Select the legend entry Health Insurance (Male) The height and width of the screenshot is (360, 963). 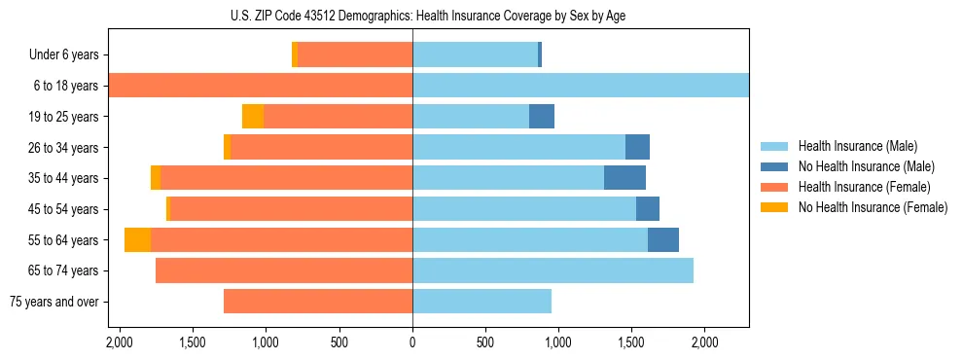[852, 147]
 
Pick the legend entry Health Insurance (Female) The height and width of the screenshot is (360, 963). [857, 187]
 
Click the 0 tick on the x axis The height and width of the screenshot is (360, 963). [412, 342]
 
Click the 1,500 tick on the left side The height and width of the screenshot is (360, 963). [193, 342]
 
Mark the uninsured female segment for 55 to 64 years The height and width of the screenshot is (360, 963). [137, 240]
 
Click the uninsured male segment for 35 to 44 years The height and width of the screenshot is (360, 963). [624, 178]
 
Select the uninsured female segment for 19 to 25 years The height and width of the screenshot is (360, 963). [253, 117]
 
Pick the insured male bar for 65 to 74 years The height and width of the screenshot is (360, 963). [553, 270]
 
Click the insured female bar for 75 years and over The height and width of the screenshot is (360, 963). [318, 302]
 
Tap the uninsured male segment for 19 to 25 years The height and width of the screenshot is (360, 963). [542, 117]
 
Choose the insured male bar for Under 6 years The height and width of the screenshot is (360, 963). [475, 55]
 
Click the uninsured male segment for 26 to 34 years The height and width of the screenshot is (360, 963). [637, 148]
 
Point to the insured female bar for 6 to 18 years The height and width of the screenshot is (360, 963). [261, 86]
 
